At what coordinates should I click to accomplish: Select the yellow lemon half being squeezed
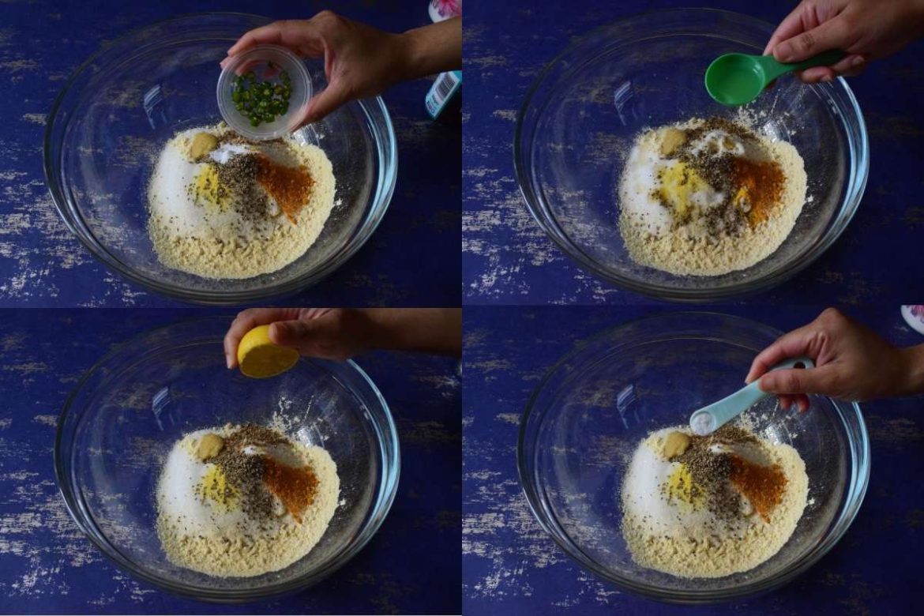click(x=267, y=352)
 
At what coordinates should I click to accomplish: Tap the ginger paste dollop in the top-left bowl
click(x=202, y=145)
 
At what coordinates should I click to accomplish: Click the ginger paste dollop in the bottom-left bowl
click(x=209, y=446)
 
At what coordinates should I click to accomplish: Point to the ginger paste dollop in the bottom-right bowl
click(x=676, y=444)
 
